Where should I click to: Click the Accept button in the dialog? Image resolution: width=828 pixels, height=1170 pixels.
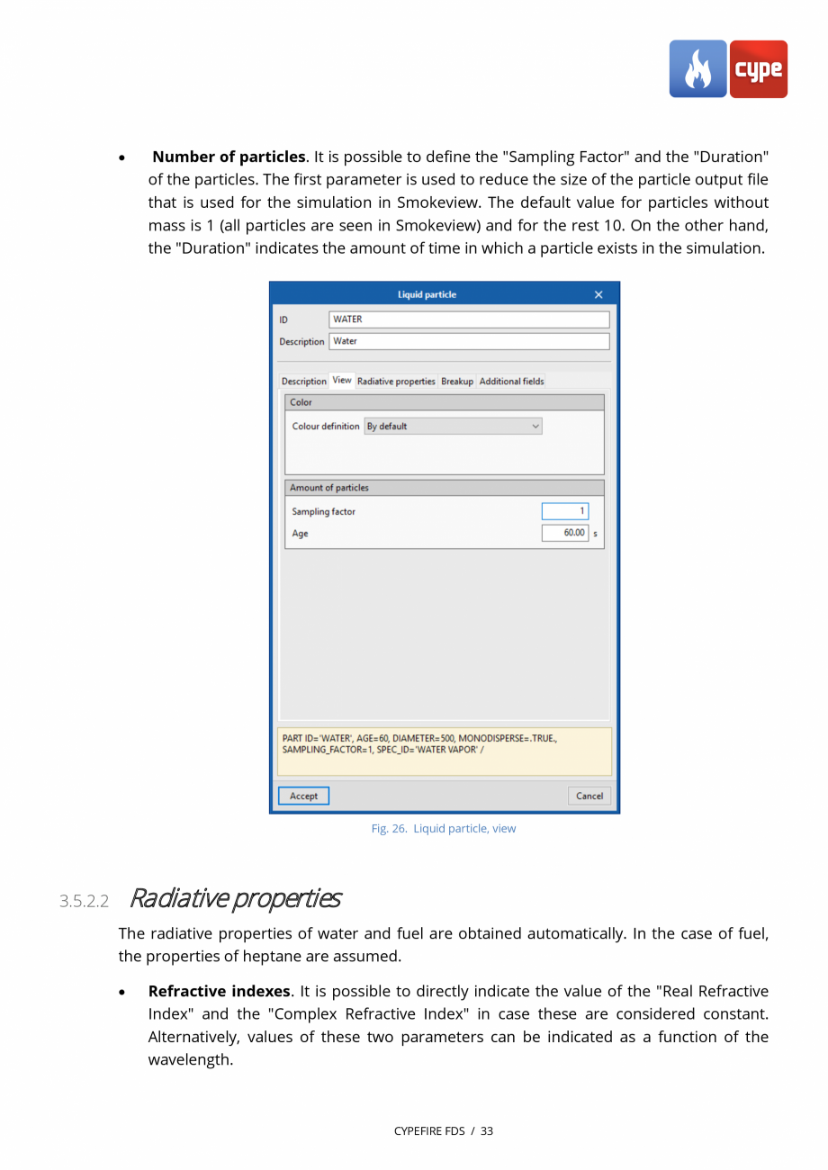tap(303, 796)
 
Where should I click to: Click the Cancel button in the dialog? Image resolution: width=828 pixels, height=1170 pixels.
tap(589, 796)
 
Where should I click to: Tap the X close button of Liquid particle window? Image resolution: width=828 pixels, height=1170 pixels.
tap(598, 295)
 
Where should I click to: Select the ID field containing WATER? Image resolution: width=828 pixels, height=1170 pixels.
tap(469, 319)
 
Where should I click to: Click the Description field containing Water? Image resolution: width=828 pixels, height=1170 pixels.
tap(469, 341)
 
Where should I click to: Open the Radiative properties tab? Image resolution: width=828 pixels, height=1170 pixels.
tap(396, 382)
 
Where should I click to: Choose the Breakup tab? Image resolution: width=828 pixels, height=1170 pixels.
tap(457, 382)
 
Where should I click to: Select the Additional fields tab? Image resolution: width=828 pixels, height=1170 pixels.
tap(511, 382)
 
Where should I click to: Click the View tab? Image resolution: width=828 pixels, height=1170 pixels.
tap(342, 381)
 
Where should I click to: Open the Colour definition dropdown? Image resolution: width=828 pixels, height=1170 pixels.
tap(453, 427)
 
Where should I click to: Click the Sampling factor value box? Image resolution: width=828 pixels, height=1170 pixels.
tap(565, 511)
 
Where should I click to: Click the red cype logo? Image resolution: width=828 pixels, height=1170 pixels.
tap(759, 69)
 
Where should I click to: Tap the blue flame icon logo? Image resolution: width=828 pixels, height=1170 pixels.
tap(697, 69)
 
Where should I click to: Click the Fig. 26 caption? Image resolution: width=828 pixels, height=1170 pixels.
tap(444, 829)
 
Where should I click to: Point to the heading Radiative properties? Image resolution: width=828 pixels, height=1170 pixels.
tap(235, 898)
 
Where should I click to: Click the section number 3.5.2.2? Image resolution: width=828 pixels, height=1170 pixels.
tap(84, 901)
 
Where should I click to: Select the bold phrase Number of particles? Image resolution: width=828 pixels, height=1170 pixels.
tap(229, 157)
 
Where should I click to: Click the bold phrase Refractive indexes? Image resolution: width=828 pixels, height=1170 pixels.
tap(220, 992)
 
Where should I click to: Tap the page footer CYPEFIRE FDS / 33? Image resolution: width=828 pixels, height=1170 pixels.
tap(444, 1131)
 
